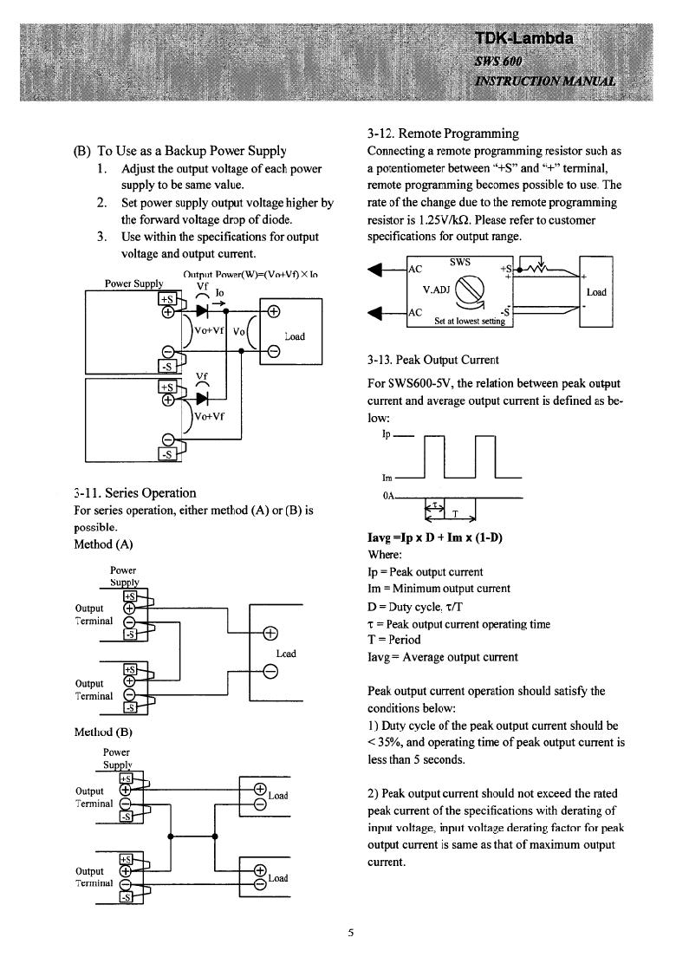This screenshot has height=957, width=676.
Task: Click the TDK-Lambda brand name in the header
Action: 524,38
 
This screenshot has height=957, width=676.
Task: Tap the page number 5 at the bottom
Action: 350,932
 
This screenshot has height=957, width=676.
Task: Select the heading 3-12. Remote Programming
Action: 443,133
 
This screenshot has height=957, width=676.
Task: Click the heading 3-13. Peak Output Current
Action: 432,360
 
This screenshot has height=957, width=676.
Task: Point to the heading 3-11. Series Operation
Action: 135,493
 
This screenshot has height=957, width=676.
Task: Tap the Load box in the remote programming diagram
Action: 596,292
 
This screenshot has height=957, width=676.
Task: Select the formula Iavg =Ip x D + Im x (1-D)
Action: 435,537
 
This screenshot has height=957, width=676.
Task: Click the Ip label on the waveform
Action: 386,434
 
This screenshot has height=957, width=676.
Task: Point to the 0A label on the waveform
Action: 388,496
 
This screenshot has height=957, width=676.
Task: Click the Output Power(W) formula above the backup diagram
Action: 250,275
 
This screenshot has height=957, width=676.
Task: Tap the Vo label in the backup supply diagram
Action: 238,331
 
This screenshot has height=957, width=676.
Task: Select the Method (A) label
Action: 103,544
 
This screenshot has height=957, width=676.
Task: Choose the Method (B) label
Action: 103,732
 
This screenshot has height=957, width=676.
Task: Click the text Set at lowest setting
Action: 470,321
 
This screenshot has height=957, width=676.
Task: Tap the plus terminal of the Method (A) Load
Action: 270,633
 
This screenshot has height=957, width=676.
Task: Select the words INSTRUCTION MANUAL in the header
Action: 545,81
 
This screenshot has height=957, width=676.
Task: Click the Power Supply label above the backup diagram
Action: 134,283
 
